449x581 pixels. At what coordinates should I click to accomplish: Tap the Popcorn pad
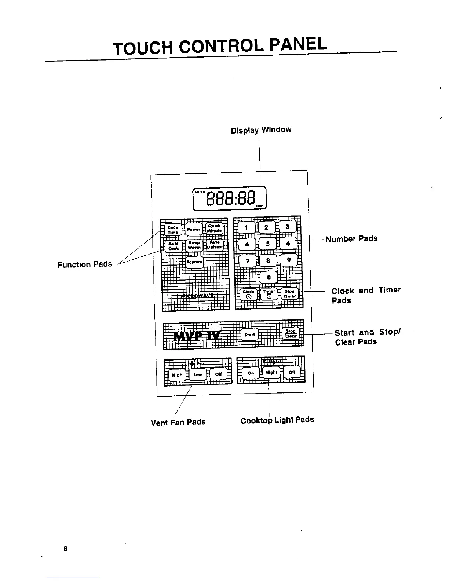point(194,262)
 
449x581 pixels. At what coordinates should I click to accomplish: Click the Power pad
point(193,229)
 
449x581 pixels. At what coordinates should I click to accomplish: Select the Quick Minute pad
point(214,228)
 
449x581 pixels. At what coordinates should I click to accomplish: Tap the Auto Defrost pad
point(215,244)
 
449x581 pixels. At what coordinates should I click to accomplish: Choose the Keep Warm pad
point(194,245)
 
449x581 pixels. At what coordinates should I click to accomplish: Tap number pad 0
point(269,277)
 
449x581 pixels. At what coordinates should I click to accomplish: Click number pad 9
point(289,260)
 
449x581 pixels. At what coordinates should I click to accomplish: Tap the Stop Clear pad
point(291,333)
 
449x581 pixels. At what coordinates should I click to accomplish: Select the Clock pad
point(248,294)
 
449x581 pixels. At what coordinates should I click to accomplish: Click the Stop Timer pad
point(290,294)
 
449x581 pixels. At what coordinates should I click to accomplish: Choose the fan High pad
point(177,375)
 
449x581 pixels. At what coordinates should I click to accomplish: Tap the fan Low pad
point(198,375)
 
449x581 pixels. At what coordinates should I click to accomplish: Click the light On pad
point(251,373)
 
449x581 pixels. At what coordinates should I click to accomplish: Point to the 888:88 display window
point(230,199)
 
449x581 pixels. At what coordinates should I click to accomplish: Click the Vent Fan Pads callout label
point(178,422)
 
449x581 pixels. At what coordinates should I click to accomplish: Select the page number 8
point(65,549)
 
